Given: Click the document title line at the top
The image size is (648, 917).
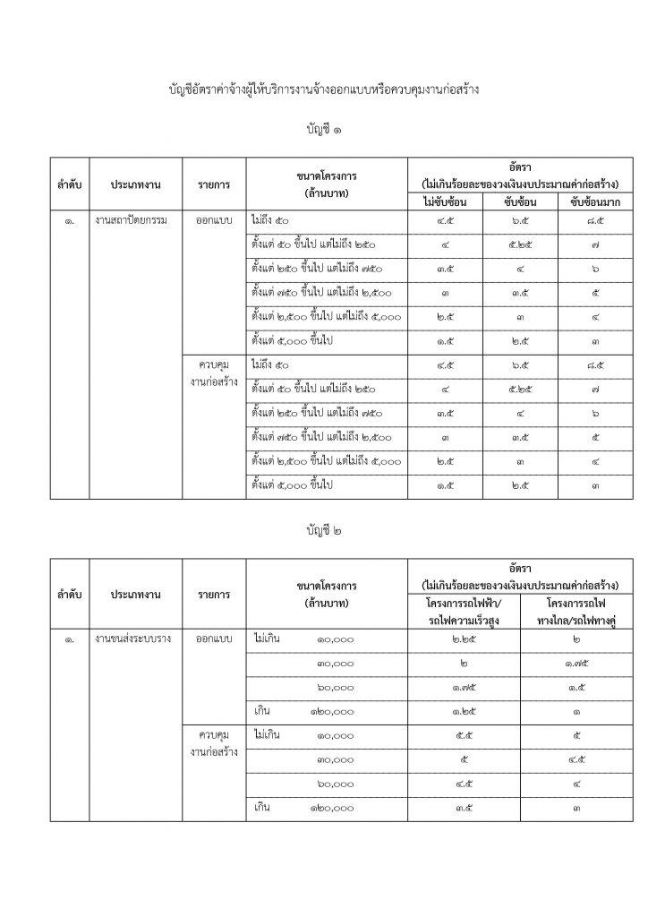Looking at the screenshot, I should (323, 90).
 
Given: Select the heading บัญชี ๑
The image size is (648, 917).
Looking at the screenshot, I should (323, 132).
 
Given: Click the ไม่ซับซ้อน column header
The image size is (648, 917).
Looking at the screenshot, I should (444, 201).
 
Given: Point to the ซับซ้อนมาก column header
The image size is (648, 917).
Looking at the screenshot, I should (587, 201).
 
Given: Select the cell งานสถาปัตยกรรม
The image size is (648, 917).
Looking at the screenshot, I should (135, 219).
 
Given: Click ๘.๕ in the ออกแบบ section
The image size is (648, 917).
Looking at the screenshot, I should (587, 219).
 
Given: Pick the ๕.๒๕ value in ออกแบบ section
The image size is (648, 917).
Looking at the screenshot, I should (516, 243).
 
